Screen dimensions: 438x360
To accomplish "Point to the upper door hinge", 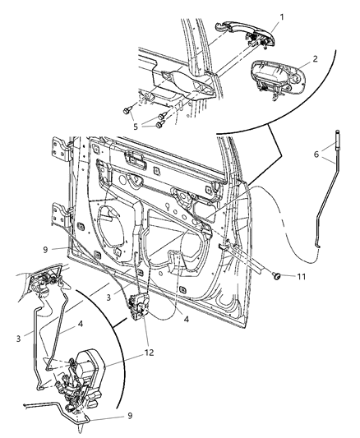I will click(61, 150).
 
